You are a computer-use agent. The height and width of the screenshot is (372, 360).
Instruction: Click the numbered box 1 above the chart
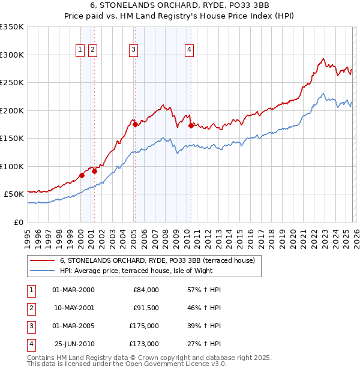80,50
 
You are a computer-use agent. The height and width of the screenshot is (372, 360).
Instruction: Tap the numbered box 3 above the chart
133,50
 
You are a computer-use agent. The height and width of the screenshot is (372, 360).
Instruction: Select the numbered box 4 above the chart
189,50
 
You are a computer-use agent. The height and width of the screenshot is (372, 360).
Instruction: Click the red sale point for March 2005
135,125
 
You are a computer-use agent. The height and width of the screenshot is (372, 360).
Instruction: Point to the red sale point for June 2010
191,126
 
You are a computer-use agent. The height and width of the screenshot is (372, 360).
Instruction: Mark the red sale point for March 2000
82,176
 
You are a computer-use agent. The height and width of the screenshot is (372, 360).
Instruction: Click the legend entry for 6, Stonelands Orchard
157,260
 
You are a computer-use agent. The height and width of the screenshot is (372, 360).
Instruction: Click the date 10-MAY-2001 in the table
74,308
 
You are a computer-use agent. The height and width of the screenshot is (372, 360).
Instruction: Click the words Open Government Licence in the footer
174,364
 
